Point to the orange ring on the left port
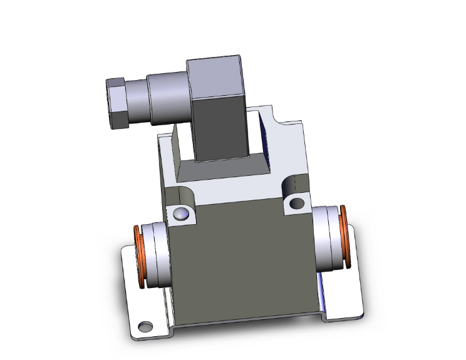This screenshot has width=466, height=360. coord(138,257)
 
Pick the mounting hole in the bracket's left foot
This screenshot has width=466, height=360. coord(145,326)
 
